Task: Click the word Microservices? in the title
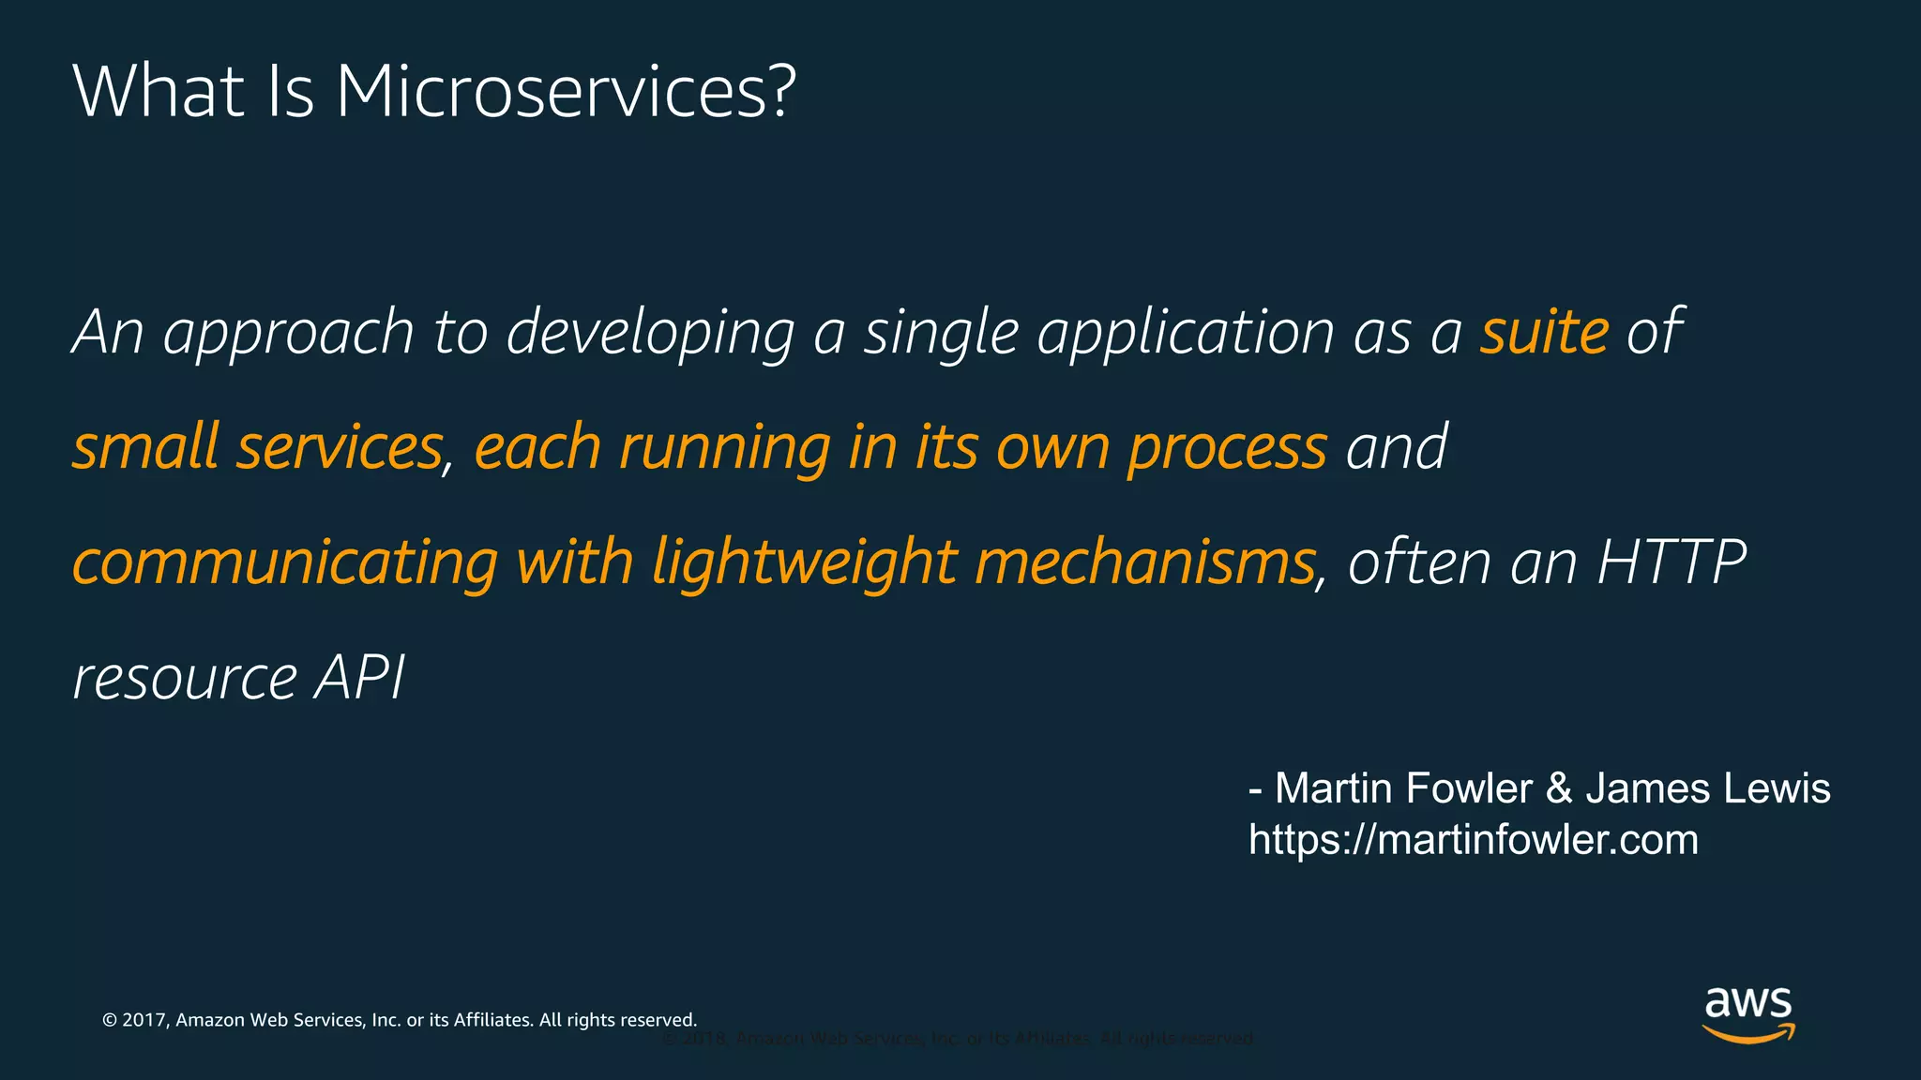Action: tap(566, 92)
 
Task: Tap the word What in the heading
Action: tap(159, 92)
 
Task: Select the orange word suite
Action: tap(1544, 332)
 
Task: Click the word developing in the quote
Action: tap(650, 334)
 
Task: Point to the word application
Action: tap(1185, 334)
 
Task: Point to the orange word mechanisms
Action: tap(1144, 562)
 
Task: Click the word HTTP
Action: tap(1671, 562)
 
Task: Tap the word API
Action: tap(359, 677)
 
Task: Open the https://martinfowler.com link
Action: tap(1473, 840)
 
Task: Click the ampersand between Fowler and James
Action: tap(1558, 788)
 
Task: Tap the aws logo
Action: tap(1747, 1013)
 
